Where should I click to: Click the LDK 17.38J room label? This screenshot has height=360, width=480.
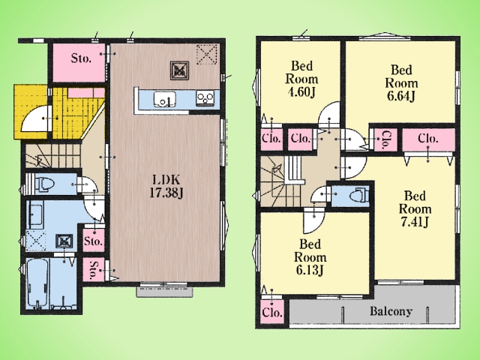point(166,186)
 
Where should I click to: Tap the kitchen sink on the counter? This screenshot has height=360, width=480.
point(165,99)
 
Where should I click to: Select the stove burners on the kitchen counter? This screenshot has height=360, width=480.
point(205,98)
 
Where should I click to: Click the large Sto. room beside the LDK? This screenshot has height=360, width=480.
point(79,63)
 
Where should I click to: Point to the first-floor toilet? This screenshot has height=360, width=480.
point(43,184)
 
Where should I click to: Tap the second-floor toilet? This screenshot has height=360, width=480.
point(359,195)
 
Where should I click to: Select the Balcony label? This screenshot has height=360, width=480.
point(391,311)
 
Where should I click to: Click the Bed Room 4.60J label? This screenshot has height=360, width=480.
point(301,79)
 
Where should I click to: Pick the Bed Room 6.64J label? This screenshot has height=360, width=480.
point(401,83)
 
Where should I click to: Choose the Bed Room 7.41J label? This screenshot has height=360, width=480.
point(415,209)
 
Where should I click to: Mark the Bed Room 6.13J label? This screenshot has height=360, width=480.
point(310,257)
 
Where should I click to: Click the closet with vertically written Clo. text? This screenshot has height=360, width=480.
point(385,140)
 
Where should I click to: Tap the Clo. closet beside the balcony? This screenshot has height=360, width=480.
point(272,312)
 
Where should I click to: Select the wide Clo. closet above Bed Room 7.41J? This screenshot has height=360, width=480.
point(428,139)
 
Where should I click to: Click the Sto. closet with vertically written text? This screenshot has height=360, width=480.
point(94,270)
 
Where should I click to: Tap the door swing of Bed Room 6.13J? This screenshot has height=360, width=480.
point(313,220)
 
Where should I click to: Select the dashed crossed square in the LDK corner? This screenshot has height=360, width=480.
point(207,55)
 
